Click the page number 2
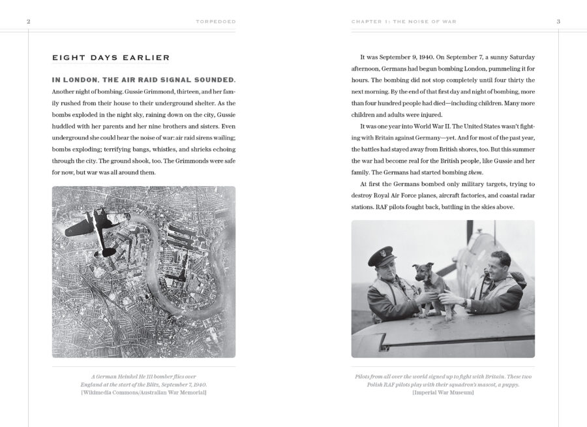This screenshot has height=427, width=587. pos(28,22)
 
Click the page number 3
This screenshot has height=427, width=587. pos(558,22)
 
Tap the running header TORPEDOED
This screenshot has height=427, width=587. pos(215,22)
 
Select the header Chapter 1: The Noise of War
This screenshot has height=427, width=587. pos(404,22)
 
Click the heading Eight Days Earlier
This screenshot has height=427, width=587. pos(111,58)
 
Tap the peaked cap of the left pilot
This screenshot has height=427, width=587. pos(382,257)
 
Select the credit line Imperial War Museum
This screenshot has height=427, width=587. pos(443,393)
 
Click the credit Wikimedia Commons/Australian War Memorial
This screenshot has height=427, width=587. pos(143,393)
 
